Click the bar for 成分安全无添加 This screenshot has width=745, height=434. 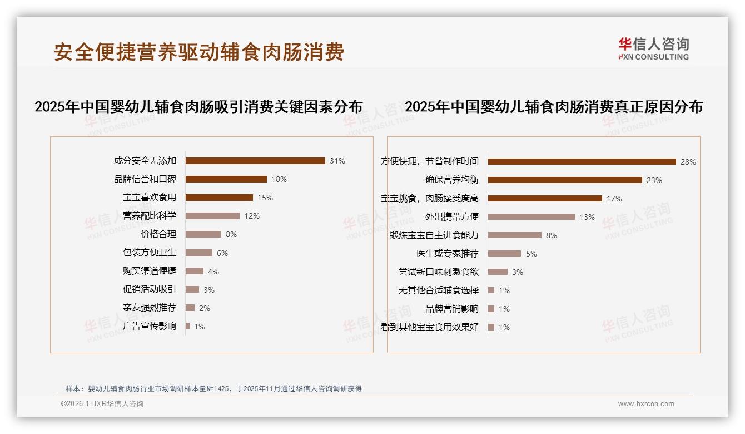click(x=255, y=161)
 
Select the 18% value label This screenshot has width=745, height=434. click(x=279, y=179)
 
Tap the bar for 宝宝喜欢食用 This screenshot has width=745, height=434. click(x=219, y=198)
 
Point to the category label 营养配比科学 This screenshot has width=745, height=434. click(x=150, y=216)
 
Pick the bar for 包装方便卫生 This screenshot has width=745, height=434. click(x=198, y=253)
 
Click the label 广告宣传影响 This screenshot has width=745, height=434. click(x=150, y=326)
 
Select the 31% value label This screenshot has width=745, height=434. click(x=337, y=161)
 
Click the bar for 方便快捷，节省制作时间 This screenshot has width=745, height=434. click(x=582, y=161)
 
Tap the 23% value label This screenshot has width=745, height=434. click(x=654, y=180)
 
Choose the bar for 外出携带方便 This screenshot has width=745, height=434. click(x=531, y=216)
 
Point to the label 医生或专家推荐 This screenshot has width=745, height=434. click(x=448, y=254)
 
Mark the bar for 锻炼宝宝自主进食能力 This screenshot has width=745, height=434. click(x=514, y=235)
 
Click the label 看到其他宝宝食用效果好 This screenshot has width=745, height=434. click(x=430, y=327)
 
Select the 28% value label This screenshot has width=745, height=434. click(x=688, y=162)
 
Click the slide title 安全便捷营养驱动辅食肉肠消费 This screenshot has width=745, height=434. click(x=199, y=52)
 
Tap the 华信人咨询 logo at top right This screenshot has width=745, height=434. click(x=653, y=48)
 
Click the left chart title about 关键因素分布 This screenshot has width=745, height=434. click(x=198, y=107)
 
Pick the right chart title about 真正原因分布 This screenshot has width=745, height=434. click(x=553, y=107)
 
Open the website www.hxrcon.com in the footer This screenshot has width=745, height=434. click(x=646, y=404)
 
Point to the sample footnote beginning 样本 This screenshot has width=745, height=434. click(x=213, y=389)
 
